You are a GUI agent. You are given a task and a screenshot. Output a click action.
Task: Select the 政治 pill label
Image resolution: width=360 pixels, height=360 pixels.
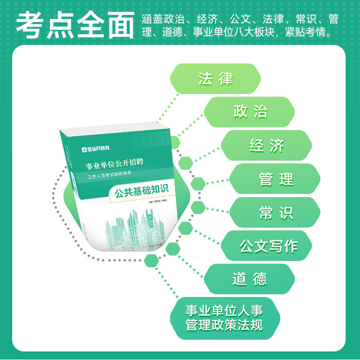tap(250, 112)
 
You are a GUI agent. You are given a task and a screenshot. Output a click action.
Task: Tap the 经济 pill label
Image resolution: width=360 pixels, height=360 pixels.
tap(267, 145)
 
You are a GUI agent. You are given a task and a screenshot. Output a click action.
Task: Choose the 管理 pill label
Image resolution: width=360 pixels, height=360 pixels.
tap(275, 179)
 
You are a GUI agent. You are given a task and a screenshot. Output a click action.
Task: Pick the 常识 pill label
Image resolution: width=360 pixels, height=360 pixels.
tap(275, 212)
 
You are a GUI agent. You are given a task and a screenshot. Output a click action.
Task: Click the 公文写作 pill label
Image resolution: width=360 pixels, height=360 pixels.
tap(268, 246)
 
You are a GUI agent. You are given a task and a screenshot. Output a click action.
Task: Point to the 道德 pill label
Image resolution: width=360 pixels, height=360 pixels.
tap(250, 279)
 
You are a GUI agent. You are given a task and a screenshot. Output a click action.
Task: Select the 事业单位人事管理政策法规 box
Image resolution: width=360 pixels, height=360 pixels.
tap(224, 318)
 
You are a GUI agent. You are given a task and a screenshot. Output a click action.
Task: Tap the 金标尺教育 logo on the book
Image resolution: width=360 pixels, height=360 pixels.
tap(95, 148)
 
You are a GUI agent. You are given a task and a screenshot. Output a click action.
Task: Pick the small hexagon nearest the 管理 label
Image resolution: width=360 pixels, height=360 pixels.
tap(197, 184)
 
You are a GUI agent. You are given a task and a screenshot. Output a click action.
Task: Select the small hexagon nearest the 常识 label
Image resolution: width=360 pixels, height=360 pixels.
tap(197, 207)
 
